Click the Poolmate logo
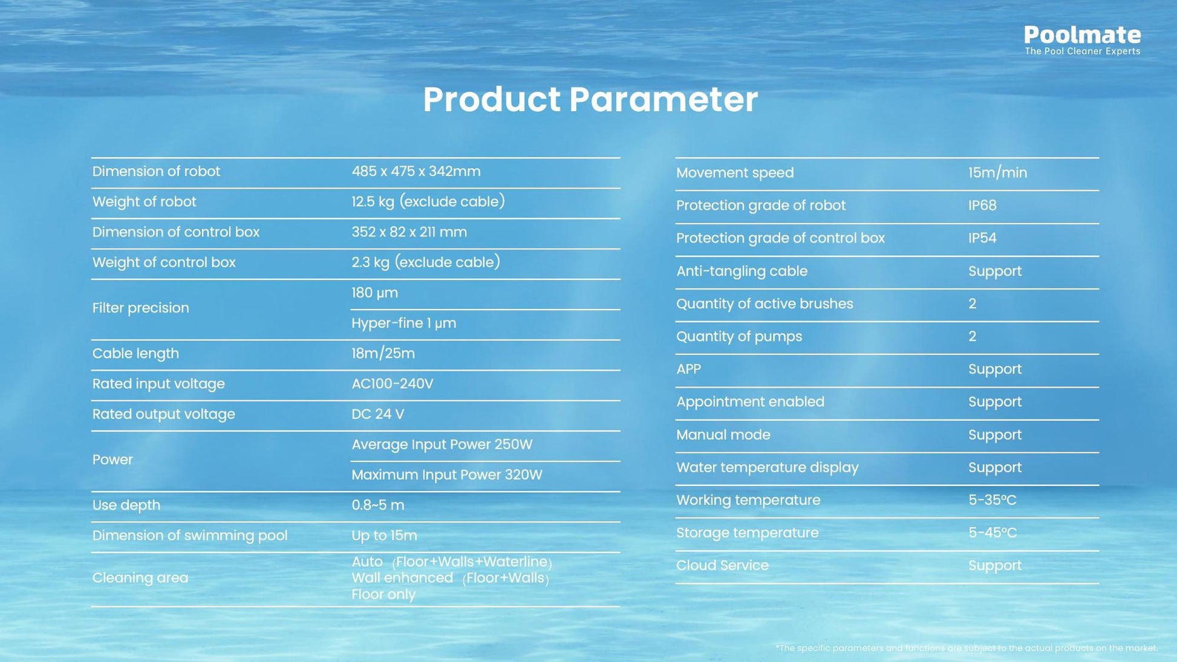[1082, 40]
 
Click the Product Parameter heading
[590, 99]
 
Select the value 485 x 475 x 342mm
[416, 172]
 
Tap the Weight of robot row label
[144, 202]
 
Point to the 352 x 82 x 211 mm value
[409, 232]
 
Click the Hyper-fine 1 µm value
[404, 323]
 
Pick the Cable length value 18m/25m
[383, 354]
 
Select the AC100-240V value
[393, 384]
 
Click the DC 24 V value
[377, 414]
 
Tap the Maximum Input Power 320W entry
[447, 475]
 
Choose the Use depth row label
[126, 505]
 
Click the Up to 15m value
[384, 536]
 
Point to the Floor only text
[383, 594]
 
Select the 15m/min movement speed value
[997, 173]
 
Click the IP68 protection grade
[982, 206]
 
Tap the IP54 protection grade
[982, 238]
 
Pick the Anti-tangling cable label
[742, 271]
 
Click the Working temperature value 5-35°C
[992, 501]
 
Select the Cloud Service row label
[722, 566]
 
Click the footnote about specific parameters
[967, 648]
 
